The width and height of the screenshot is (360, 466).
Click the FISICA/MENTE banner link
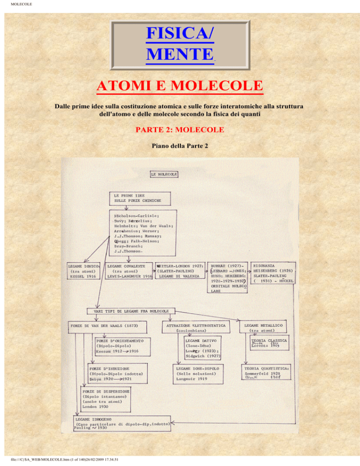tap(180, 43)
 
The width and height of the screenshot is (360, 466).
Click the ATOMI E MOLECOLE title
tap(180, 86)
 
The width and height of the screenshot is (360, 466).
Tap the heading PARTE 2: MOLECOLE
tap(180, 129)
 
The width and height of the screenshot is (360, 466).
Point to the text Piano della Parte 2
tap(180, 146)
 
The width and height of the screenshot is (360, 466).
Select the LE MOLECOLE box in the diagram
tap(164, 174)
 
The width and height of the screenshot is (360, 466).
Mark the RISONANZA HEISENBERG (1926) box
tap(277, 272)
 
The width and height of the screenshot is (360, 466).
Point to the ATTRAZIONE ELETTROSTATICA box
tap(196, 327)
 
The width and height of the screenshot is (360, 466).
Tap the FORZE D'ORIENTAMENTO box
tap(118, 346)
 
